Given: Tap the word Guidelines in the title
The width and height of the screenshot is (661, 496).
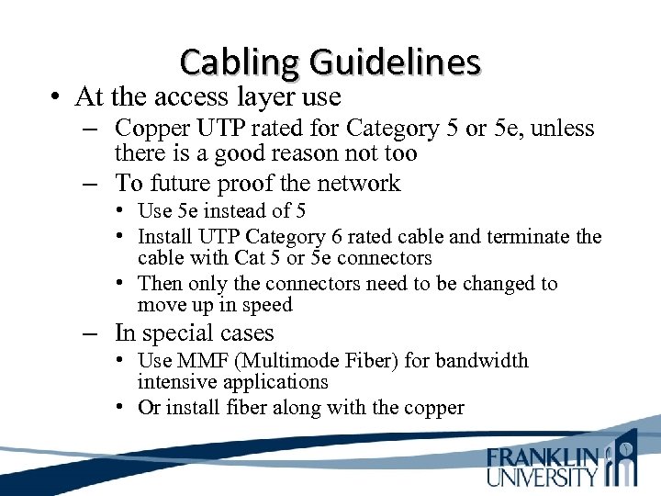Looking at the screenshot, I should pyautogui.click(x=395, y=62).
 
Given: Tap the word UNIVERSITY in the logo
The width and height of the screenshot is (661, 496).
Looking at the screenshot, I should pyautogui.click(x=543, y=477).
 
